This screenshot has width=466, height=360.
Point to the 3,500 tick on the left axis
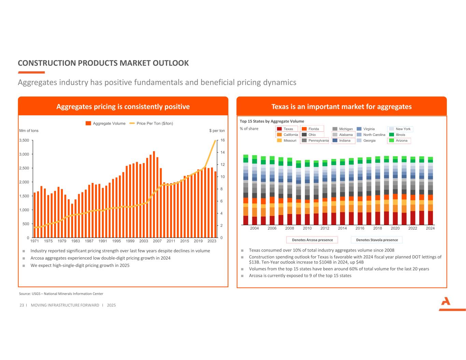point(24,140)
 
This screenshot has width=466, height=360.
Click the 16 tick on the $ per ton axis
point(222,140)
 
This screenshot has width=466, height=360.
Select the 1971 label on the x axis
point(34,241)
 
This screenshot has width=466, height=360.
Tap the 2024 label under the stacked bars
point(430,228)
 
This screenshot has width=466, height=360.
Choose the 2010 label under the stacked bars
point(307,228)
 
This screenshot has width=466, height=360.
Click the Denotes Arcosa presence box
point(312,240)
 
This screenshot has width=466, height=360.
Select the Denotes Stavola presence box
point(377,240)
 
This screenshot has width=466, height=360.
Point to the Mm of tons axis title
point(29,131)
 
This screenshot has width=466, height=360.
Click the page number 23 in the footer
point(22,305)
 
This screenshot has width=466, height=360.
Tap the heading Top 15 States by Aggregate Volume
point(272,121)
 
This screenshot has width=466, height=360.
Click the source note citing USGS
point(61,294)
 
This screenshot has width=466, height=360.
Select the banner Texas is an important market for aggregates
point(341,106)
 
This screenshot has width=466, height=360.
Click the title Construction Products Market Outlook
point(103,63)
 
